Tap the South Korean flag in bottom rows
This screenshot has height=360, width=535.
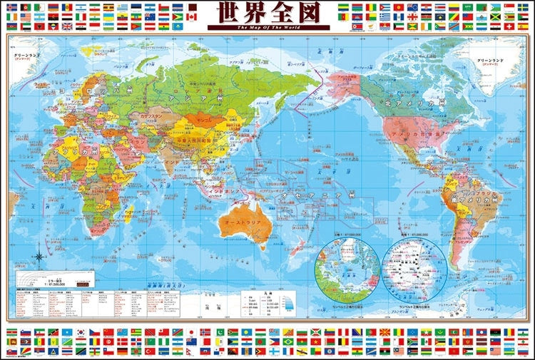click(81, 332)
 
